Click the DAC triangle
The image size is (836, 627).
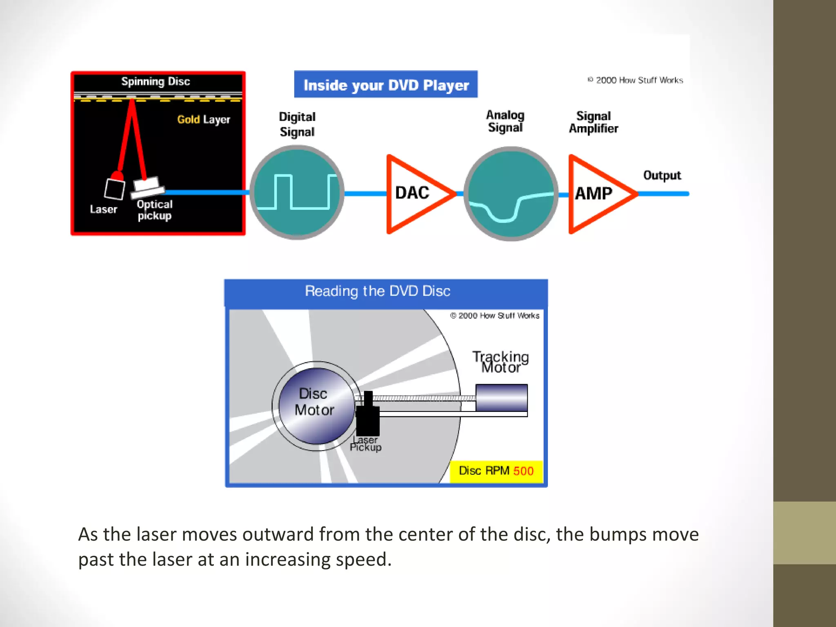[x=414, y=194]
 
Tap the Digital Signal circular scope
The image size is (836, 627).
[x=297, y=192]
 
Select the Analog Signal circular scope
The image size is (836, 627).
[x=511, y=193]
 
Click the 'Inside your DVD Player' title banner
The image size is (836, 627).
[x=386, y=84]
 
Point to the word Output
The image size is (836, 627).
[x=662, y=176]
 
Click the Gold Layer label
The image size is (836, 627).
[x=203, y=120]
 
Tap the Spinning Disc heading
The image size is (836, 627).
[x=156, y=81]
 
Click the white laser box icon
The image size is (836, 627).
[x=114, y=189]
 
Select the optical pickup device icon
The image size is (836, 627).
[x=148, y=187]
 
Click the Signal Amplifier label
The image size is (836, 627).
[x=594, y=122]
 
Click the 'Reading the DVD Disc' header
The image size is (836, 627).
[x=378, y=291]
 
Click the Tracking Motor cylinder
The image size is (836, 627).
[x=501, y=398]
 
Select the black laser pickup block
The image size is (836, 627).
[x=368, y=418]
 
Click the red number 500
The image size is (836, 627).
[x=523, y=471]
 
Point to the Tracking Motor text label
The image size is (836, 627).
[x=500, y=362]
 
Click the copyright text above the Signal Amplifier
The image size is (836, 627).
[x=635, y=80]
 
